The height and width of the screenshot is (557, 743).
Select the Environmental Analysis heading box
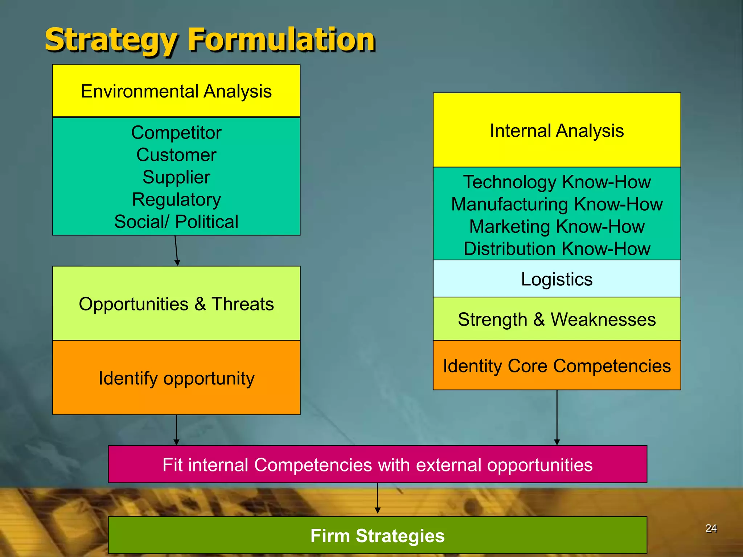(176, 91)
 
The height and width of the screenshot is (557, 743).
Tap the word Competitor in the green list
(176, 133)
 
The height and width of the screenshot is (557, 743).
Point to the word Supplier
(176, 177)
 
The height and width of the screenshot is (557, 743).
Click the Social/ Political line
(176, 222)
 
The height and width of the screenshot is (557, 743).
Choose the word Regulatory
(176, 200)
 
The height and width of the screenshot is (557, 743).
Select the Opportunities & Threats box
(176, 304)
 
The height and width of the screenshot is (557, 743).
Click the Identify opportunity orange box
(176, 378)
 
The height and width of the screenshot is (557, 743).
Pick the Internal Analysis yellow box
(557, 130)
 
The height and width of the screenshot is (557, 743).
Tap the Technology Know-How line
(557, 182)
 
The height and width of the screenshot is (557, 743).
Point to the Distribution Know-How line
(557, 249)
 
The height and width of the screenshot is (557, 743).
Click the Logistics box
(557, 279)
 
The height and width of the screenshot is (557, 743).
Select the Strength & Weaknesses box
(557, 319)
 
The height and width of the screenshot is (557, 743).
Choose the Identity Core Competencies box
(557, 366)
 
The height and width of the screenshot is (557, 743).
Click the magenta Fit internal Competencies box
(377, 465)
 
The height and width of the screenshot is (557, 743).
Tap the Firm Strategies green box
(377, 536)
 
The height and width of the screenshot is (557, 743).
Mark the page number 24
(711, 528)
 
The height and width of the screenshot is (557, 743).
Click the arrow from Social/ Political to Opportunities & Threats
(176, 250)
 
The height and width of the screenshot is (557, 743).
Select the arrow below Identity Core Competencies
(557, 417)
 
